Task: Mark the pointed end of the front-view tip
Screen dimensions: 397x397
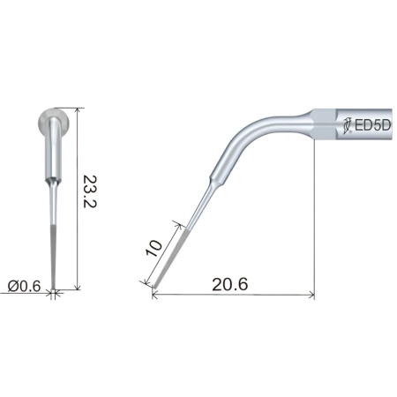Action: coord(55,288)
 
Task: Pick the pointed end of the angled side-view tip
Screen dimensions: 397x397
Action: coord(154,287)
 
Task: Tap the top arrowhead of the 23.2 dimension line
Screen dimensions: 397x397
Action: coord(80,111)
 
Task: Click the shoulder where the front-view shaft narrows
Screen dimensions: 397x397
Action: coord(55,175)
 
